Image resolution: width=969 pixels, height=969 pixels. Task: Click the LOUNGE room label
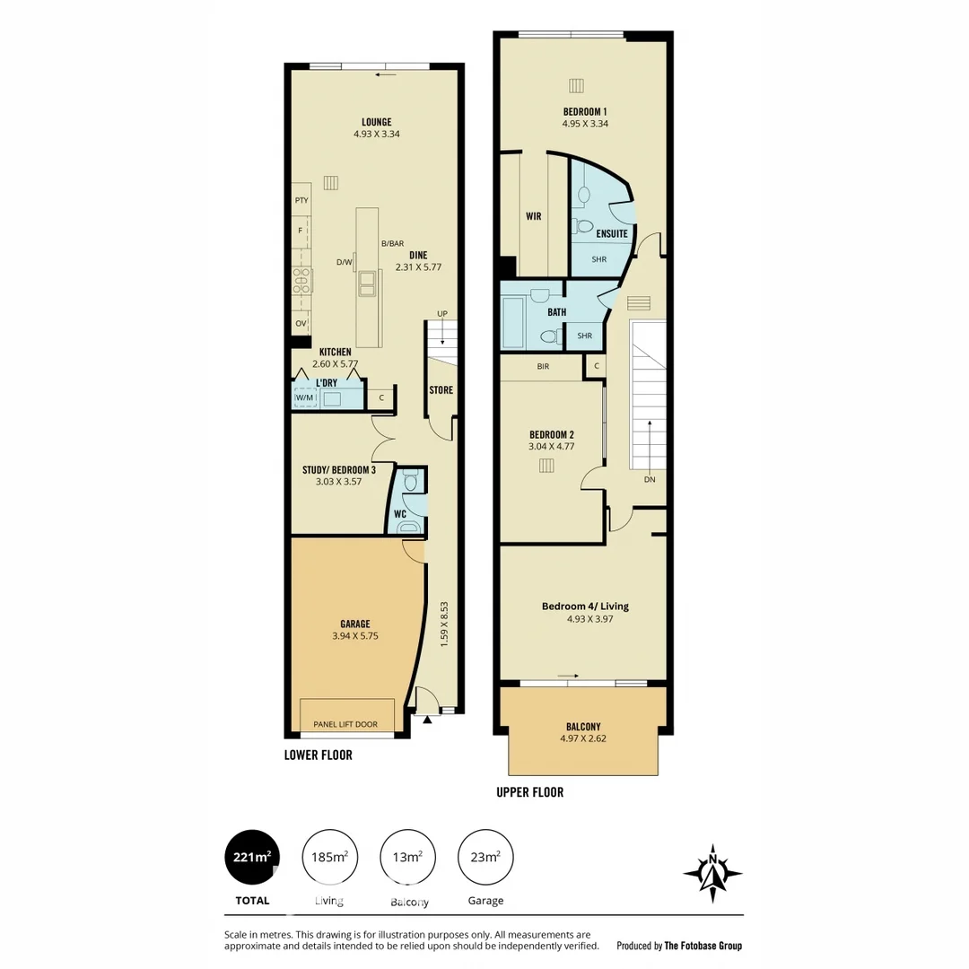point(376,122)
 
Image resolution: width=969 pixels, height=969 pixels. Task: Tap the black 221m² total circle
point(251,858)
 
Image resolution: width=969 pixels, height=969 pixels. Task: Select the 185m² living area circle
point(329,858)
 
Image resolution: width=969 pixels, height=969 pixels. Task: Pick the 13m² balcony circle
point(407,858)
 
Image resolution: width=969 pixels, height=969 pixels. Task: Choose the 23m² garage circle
point(485,858)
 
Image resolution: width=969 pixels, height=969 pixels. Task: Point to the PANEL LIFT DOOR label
point(345,724)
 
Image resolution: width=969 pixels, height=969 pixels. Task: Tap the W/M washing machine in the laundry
point(305,397)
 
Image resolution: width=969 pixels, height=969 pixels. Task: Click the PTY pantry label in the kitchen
point(301,200)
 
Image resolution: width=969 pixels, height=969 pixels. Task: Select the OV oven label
point(301,323)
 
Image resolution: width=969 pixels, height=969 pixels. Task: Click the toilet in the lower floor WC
point(411,482)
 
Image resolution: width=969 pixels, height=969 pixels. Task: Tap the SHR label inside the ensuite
point(598,259)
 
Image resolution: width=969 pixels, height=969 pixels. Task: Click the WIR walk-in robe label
point(533,216)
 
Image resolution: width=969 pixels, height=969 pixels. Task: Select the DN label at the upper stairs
point(650,480)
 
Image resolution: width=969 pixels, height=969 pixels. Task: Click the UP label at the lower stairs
point(441,313)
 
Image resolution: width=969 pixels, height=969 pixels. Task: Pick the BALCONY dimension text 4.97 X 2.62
point(583,739)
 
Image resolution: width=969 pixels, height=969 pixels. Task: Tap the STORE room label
point(441,390)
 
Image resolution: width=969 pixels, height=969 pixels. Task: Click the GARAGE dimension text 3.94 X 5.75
point(355,636)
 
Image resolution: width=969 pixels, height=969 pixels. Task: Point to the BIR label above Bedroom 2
point(543,366)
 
